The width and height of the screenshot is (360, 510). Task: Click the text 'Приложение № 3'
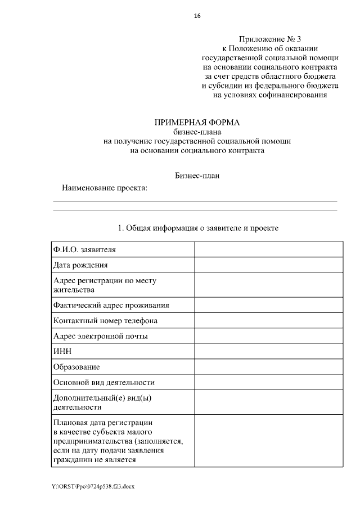coord(269,39)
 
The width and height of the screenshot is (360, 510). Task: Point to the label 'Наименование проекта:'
coord(104,187)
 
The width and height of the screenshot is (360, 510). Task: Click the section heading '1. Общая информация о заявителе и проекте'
coord(197,228)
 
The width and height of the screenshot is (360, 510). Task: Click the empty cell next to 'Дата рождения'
coord(268,265)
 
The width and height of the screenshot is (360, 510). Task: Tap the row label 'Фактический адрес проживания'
coord(111,305)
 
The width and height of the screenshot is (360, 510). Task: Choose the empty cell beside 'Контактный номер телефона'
coord(268,320)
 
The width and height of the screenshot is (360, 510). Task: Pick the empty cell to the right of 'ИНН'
coord(268,351)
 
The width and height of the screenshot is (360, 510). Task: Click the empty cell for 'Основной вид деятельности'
coord(268,382)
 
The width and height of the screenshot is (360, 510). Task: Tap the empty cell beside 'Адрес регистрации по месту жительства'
coord(268,285)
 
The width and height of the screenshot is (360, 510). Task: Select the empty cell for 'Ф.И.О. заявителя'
coord(268,249)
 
